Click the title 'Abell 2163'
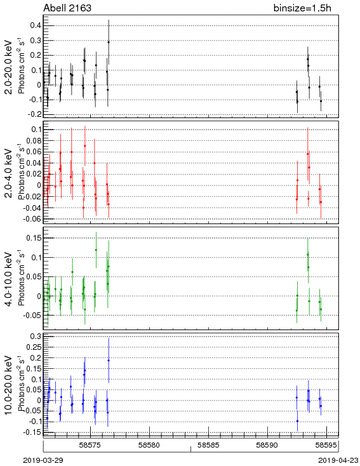coord(67,8)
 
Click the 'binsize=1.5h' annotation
coord(302,8)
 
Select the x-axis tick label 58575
coord(90,445)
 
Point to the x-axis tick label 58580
coord(150,445)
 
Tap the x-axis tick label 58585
coord(209,445)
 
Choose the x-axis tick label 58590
coord(267,445)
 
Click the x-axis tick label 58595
coord(326,445)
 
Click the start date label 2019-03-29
coord(43,460)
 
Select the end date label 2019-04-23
coord(338,460)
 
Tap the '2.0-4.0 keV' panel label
coord(8,173)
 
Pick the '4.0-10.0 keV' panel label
coord(8,279)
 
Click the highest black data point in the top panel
coord(109,42)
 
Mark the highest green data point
coord(96,250)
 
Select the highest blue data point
coord(109,361)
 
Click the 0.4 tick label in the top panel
coord(36,25)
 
